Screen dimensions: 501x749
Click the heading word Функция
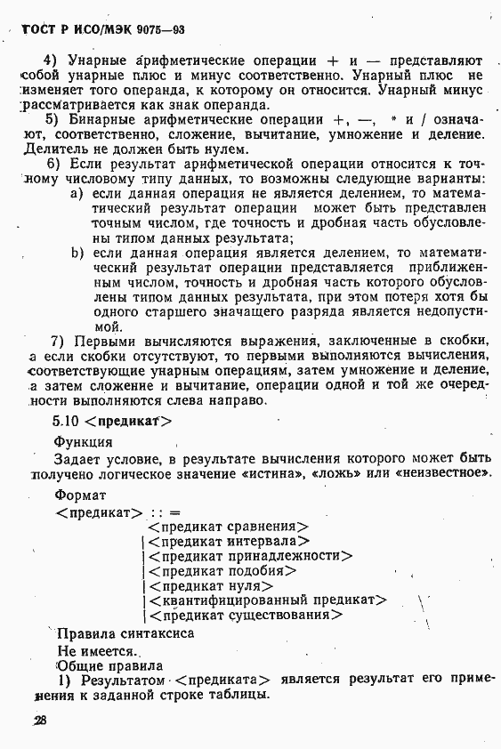pos(83,442)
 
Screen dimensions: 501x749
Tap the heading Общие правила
pos(109,664)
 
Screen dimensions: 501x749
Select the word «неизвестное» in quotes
pos(443,472)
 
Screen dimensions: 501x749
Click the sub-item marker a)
pos(77,192)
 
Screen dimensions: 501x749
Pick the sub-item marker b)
pos(77,253)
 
